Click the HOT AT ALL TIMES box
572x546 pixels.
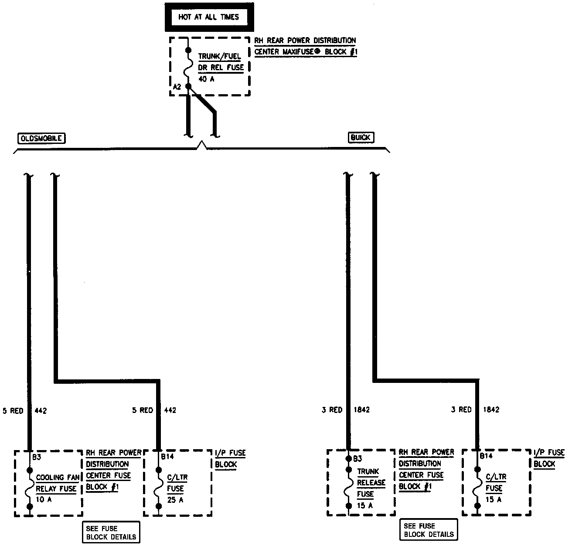pyautogui.click(x=208, y=17)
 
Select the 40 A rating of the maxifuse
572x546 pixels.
pyautogui.click(x=206, y=79)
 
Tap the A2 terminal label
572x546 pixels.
pyautogui.click(x=177, y=87)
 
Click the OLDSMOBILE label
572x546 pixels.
pyautogui.click(x=41, y=139)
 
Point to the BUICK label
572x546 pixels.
pyautogui.click(x=361, y=138)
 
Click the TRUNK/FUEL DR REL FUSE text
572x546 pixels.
pyautogui.click(x=221, y=62)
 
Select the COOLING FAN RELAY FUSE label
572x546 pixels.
pyautogui.click(x=56, y=483)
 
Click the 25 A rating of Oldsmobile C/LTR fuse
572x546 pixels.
pyautogui.click(x=175, y=500)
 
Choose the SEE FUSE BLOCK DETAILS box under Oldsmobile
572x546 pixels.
pyautogui.click(x=111, y=532)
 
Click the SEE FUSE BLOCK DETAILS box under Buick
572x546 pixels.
pyautogui.click(x=429, y=530)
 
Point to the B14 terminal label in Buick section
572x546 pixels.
pyautogui.click(x=487, y=456)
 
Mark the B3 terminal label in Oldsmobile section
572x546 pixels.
pyautogui.click(x=37, y=457)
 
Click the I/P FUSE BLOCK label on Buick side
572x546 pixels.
pyautogui.click(x=549, y=458)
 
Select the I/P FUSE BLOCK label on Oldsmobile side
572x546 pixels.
pyautogui.click(x=230, y=459)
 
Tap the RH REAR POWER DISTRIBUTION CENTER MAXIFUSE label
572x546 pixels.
pyautogui.click(x=305, y=46)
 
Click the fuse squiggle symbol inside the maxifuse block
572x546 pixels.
pyautogui.click(x=188, y=69)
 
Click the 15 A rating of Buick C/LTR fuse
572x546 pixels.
pyautogui.click(x=494, y=499)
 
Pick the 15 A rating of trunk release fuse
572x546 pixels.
pyautogui.click(x=365, y=506)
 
